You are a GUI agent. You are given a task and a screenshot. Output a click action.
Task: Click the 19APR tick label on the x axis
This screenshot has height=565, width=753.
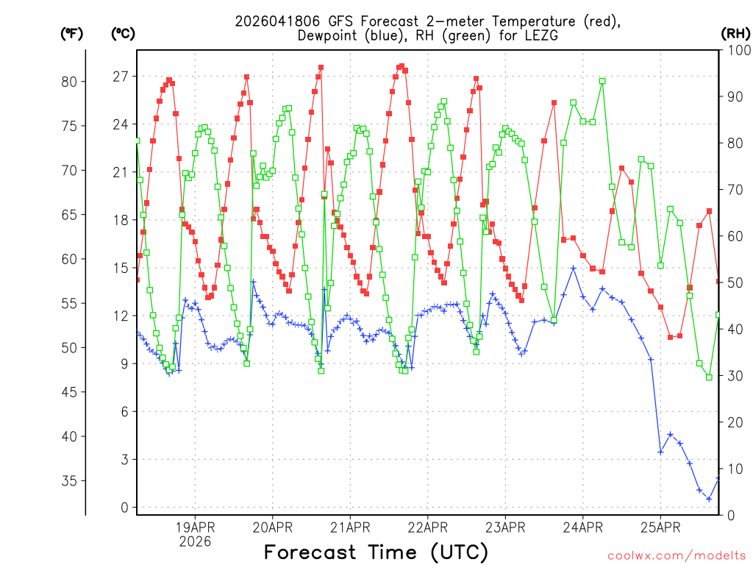click(x=195, y=527)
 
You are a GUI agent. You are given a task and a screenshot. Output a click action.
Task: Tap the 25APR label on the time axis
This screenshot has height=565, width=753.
click(x=660, y=527)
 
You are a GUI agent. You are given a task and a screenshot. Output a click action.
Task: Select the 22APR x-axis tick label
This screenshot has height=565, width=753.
click(x=427, y=527)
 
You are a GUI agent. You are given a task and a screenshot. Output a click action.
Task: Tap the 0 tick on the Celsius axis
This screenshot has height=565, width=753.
click(x=124, y=508)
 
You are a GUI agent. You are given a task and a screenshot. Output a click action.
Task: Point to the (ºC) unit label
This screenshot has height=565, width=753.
click(x=123, y=33)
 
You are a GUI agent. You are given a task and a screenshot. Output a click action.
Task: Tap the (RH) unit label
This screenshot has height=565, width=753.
click(x=735, y=33)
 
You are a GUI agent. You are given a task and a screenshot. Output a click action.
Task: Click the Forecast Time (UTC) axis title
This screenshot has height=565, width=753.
click(x=376, y=552)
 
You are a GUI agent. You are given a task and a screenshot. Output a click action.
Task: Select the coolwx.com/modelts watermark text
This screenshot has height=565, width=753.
click(x=677, y=555)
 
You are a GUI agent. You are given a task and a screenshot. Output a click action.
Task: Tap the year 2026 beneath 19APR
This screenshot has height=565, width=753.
click(x=195, y=541)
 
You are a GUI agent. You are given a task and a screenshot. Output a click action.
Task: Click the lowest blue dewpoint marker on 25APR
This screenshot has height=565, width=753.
click(x=709, y=499)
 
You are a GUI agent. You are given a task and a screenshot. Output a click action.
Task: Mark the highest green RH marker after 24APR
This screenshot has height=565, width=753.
click(x=602, y=81)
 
